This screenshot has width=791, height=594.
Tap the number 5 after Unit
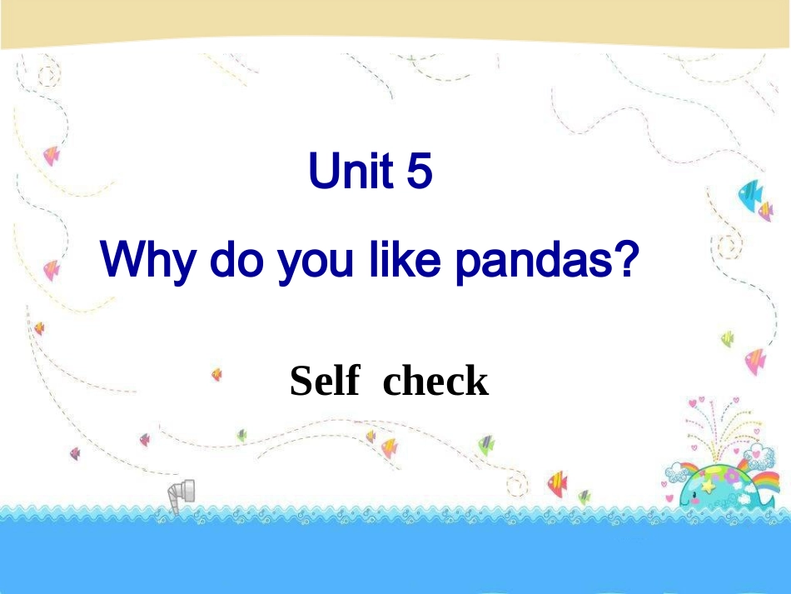click(420, 172)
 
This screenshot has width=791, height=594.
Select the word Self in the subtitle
click(325, 382)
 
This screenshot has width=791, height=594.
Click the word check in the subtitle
click(435, 382)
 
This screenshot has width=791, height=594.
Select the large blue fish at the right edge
click(751, 194)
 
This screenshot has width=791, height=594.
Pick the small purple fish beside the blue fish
click(765, 212)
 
